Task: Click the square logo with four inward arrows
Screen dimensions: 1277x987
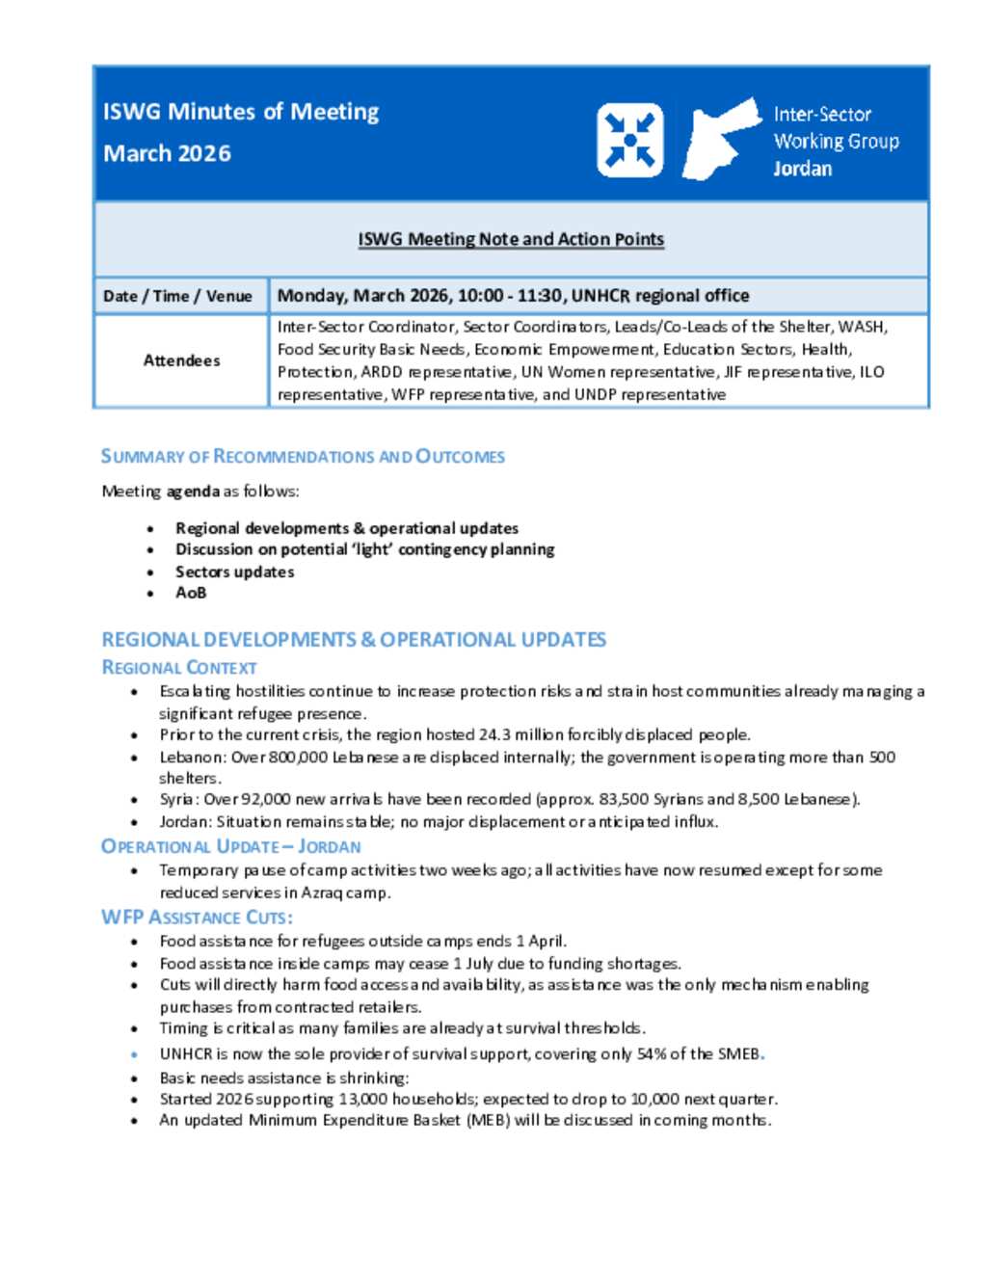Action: pyautogui.click(x=629, y=141)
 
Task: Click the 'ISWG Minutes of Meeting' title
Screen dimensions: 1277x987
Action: pyautogui.click(x=241, y=112)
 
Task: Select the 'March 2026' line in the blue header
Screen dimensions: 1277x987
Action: pyautogui.click(x=167, y=153)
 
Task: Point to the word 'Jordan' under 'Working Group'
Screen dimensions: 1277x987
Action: pyautogui.click(x=802, y=169)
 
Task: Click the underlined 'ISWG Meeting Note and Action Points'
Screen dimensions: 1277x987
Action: pyautogui.click(x=511, y=239)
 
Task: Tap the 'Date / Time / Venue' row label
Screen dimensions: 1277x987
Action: pyautogui.click(x=177, y=296)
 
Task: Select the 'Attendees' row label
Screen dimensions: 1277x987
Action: pyautogui.click(x=181, y=360)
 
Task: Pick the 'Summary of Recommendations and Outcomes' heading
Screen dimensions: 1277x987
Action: pyautogui.click(x=303, y=457)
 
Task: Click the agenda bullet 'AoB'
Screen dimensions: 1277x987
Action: pyautogui.click(x=191, y=593)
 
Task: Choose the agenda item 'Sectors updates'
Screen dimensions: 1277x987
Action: pyautogui.click(x=234, y=572)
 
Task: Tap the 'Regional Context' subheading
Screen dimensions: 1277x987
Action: pyautogui.click(x=179, y=668)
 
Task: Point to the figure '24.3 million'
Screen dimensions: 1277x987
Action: pyautogui.click(x=523, y=734)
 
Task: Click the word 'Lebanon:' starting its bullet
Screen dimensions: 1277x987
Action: pyautogui.click(x=194, y=758)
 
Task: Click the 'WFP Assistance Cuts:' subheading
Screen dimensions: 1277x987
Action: pyautogui.click(x=197, y=918)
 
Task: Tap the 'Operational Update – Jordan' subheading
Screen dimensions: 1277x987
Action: pyautogui.click(x=230, y=847)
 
